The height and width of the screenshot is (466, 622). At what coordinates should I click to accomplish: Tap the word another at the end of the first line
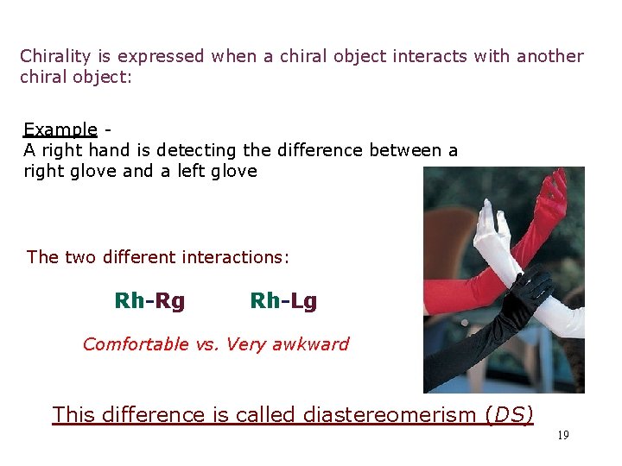pyautogui.click(x=550, y=57)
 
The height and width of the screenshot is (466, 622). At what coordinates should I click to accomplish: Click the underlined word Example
pyautogui.click(x=60, y=130)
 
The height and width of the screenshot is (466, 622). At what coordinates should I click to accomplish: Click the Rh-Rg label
pyautogui.click(x=149, y=301)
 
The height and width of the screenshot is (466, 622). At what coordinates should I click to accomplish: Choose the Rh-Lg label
pyautogui.click(x=283, y=301)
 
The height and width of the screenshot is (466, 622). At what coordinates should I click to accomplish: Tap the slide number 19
pyautogui.click(x=562, y=436)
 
